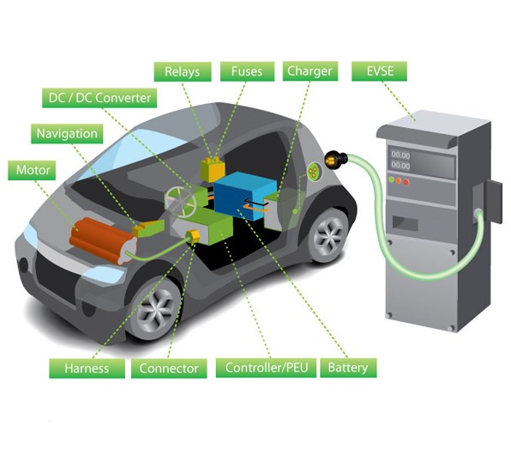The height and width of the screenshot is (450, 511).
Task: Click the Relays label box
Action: (183, 72)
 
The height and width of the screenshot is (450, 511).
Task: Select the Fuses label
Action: (247, 71)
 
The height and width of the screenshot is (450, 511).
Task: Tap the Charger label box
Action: (310, 71)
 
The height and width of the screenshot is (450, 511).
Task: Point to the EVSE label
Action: (379, 71)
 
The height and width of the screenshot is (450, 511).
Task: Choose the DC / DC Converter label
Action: (99, 98)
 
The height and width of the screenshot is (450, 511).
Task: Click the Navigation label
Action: (67, 134)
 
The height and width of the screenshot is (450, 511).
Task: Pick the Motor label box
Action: (32, 170)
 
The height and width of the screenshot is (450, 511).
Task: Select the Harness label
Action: (87, 368)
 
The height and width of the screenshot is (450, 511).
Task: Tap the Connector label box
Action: (169, 368)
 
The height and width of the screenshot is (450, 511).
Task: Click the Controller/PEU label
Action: (266, 368)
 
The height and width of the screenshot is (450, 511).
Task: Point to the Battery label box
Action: (348, 368)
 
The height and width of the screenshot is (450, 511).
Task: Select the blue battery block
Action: (244, 196)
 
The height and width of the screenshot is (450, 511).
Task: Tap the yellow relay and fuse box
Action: (213, 169)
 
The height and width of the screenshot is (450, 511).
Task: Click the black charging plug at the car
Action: (336, 159)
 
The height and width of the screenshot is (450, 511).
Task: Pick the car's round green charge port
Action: (314, 171)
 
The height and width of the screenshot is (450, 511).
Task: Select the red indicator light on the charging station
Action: (406, 182)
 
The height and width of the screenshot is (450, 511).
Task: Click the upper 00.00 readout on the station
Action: (400, 155)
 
